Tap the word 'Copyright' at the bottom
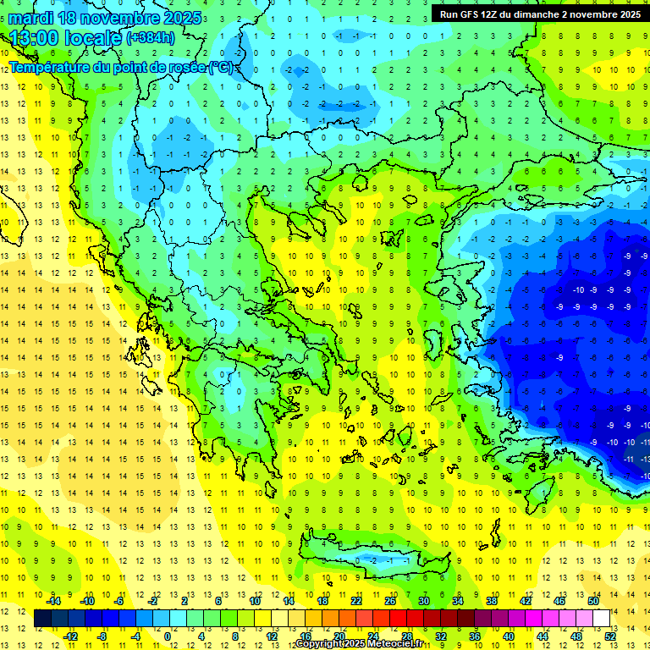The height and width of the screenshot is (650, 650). (321, 644)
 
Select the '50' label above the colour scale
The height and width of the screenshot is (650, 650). (593, 601)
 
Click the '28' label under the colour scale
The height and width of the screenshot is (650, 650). (408, 636)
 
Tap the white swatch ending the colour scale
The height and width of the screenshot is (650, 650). (602, 619)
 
